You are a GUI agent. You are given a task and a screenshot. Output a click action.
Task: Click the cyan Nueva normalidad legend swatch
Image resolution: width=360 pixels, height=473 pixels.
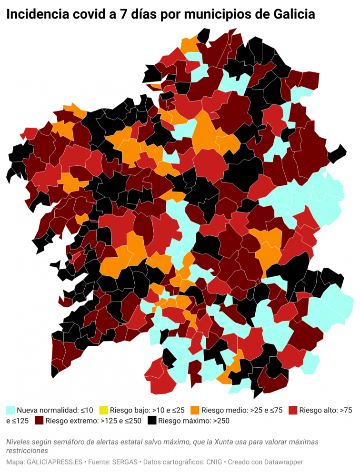point(10,410)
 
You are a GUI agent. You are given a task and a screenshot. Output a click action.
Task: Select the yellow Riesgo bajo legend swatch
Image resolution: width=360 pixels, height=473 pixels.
point(103,410)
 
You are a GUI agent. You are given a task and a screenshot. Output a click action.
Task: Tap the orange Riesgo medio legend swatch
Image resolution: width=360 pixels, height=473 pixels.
point(195,410)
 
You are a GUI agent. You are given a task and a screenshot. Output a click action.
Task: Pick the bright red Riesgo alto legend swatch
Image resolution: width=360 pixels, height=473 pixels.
point(293,410)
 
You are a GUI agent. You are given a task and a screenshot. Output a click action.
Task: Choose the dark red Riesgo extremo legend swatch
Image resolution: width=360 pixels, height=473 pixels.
point(39,421)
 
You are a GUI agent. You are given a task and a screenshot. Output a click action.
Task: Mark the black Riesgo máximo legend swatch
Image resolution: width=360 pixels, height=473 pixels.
point(152,421)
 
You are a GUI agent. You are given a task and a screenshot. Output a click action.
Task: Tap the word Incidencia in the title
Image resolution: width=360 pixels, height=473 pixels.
point(38,15)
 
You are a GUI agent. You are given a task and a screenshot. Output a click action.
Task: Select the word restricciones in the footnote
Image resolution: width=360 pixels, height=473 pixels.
point(27,451)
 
